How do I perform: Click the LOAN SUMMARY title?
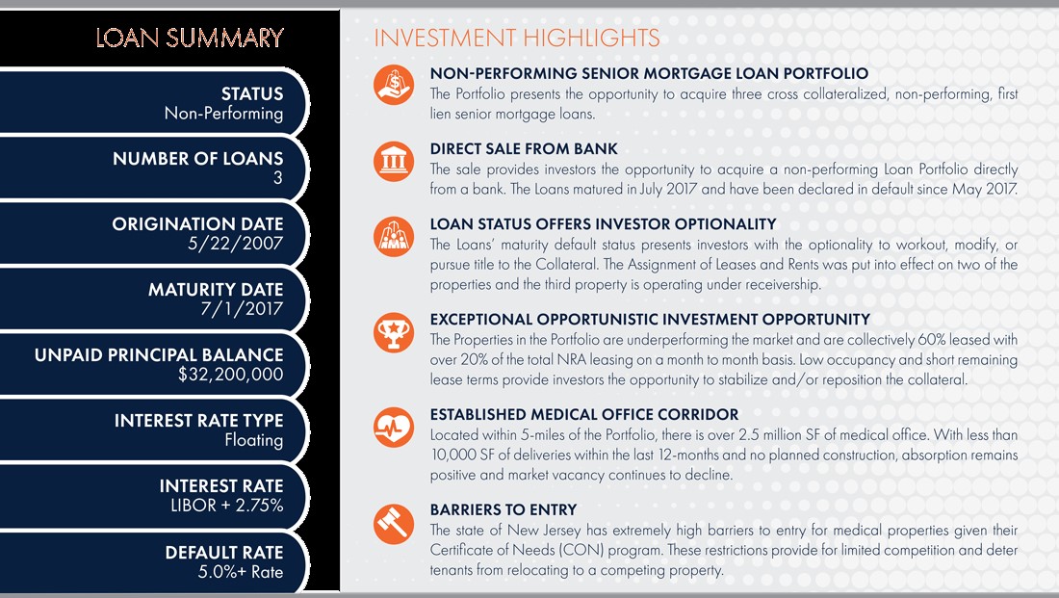[190, 38]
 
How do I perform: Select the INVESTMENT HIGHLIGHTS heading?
[517, 38]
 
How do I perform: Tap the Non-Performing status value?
[223, 114]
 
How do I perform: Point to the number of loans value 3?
[277, 178]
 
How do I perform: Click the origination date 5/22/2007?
[236, 244]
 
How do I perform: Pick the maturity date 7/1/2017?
[242, 309]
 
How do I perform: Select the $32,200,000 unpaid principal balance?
[231, 375]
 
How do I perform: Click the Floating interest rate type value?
[254, 441]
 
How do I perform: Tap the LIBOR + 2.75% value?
[227, 506]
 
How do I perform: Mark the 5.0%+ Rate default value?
[241, 572]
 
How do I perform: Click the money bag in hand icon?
[394, 85]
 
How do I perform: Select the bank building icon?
[394, 162]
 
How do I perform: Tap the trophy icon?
[394, 332]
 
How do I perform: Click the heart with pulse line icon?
[394, 427]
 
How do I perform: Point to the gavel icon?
[394, 524]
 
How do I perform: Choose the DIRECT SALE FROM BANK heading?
[524, 148]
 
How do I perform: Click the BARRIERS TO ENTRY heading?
[504, 509]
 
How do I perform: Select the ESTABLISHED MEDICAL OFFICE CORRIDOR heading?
[584, 414]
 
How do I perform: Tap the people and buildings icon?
[394, 237]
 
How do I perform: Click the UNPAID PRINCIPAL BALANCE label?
[160, 355]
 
